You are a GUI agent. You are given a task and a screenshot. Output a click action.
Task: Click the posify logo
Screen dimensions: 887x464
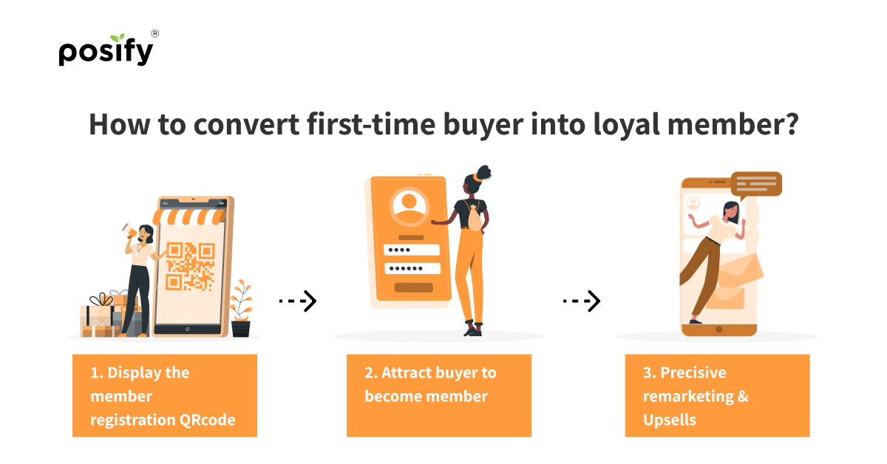coord(106,50)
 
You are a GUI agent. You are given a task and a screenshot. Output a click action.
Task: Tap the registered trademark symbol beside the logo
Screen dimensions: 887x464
coord(154,34)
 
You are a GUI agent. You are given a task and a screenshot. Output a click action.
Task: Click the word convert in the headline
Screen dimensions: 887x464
coord(246,124)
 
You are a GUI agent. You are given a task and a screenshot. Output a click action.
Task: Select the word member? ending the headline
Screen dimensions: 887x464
coord(733,124)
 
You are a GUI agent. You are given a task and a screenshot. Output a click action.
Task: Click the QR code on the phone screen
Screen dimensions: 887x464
coord(191,267)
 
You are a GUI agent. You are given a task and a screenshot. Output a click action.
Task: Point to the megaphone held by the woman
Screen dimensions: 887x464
coord(129,231)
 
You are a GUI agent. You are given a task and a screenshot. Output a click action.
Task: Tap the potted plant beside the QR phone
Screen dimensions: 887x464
coord(241,308)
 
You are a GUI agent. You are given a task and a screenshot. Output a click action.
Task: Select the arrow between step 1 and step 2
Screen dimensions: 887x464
coord(298,301)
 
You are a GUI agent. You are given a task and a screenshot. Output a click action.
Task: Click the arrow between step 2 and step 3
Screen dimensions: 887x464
coord(582,301)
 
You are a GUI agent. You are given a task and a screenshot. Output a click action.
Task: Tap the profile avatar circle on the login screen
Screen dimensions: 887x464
coord(409,206)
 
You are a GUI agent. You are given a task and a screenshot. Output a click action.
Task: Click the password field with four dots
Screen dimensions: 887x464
coord(412,250)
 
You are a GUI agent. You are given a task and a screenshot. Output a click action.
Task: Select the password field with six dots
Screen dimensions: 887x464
coord(412,268)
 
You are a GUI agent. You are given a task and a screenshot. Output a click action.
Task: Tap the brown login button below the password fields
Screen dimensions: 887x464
coord(413,287)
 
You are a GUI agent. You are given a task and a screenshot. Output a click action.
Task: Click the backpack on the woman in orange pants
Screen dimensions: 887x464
coord(475,218)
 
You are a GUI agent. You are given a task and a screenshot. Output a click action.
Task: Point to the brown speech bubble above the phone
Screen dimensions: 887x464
coord(756,185)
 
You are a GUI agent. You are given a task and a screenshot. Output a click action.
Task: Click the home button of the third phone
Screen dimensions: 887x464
coord(719,330)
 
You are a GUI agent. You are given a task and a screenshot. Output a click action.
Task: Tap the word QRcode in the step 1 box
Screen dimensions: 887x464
coord(208,420)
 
